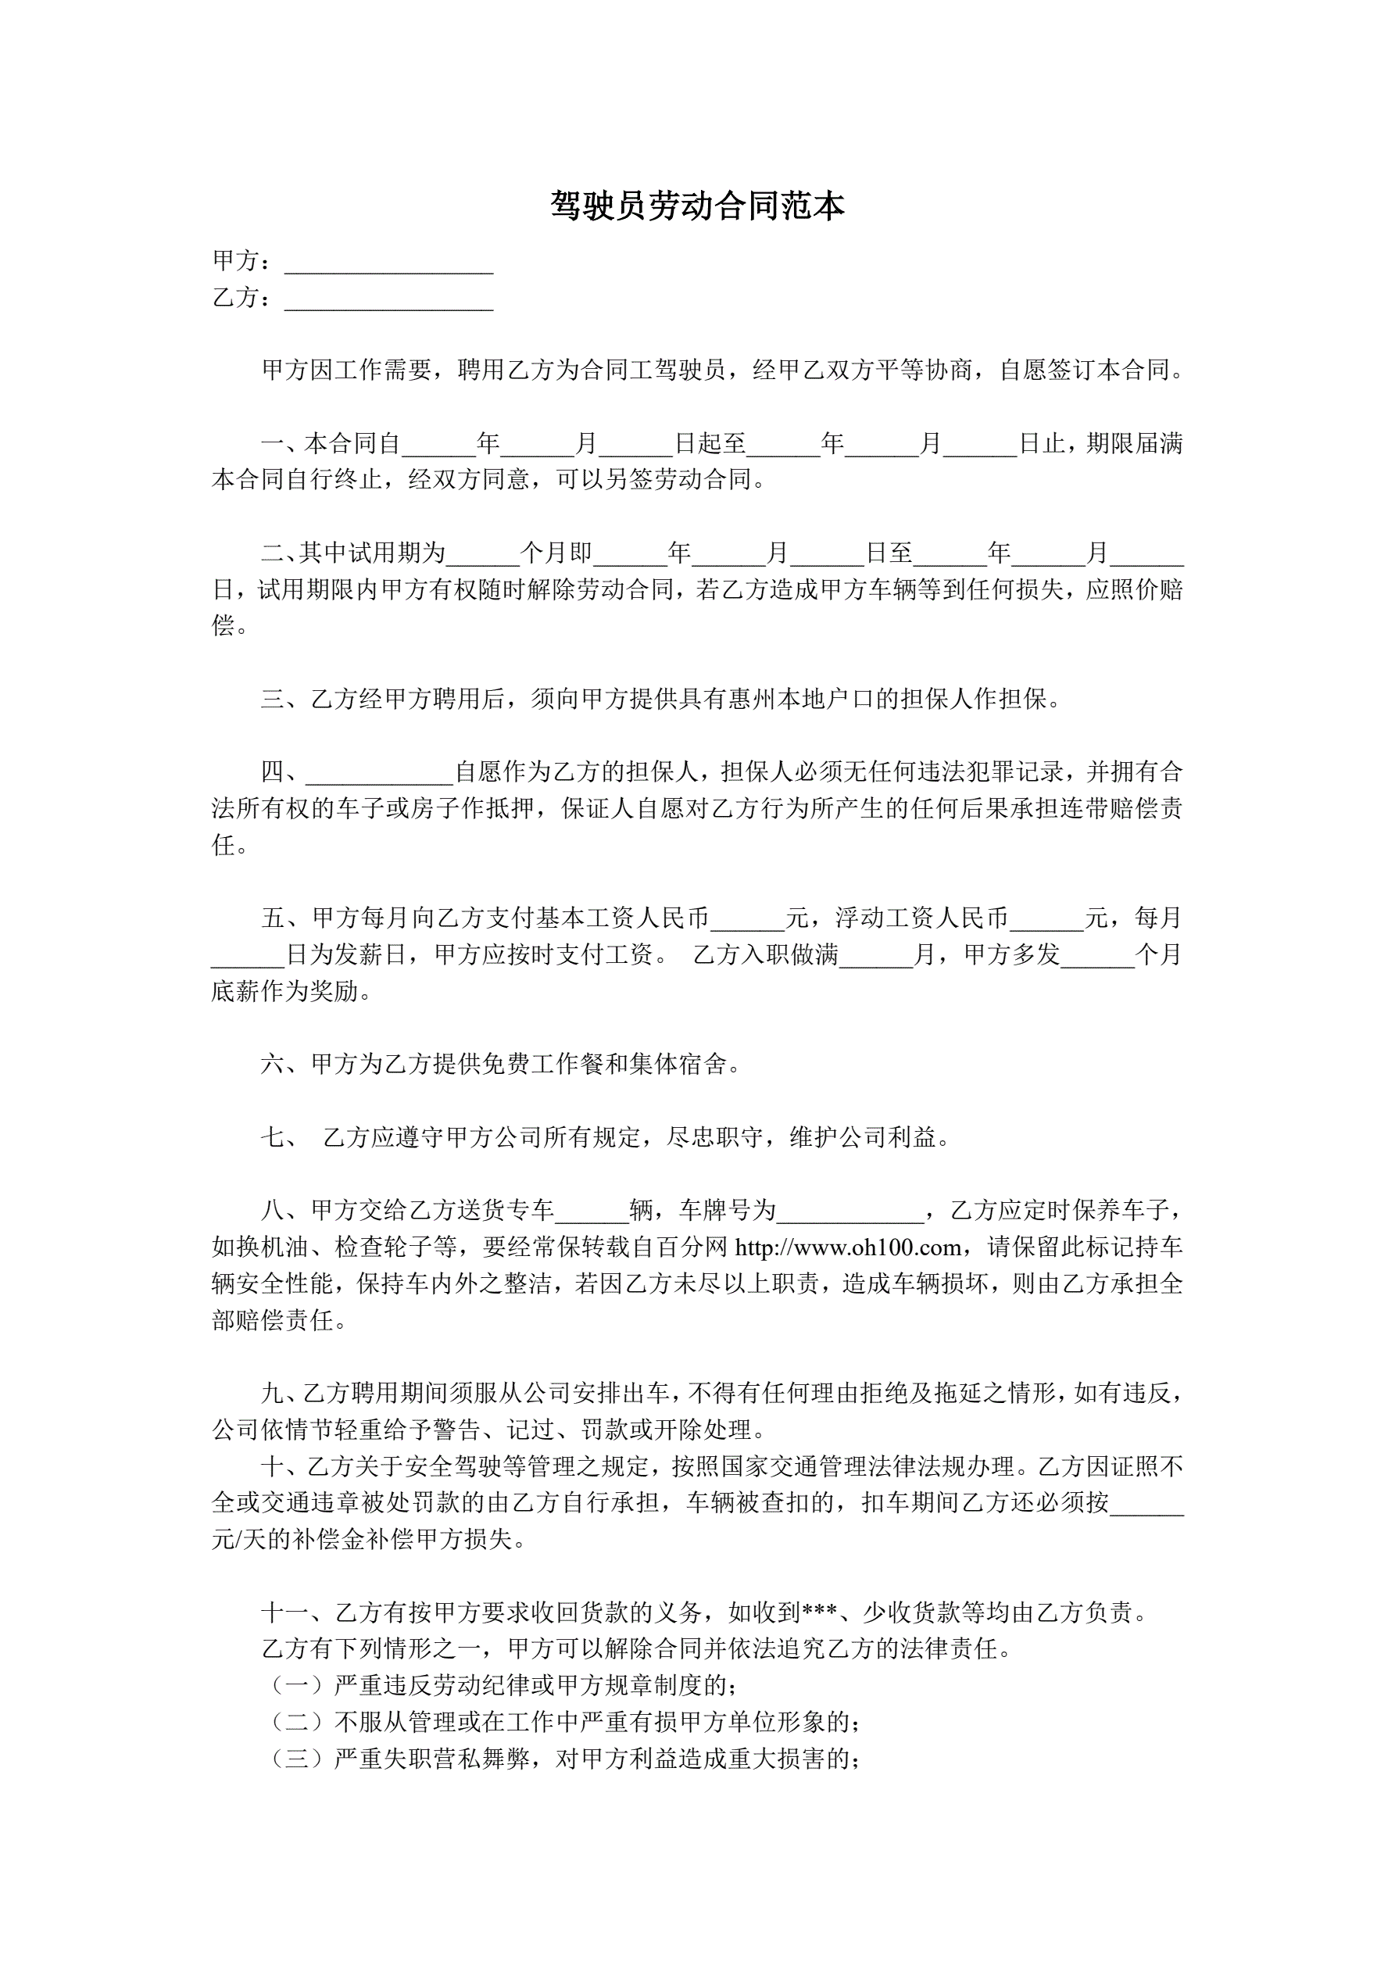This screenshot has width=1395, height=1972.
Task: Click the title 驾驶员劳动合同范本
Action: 696,206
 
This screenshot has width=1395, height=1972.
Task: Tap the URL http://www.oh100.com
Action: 848,1247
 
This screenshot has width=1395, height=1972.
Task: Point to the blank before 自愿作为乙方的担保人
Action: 379,773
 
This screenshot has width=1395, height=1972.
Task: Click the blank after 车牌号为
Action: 849,1211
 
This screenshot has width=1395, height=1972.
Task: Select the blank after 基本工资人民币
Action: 747,919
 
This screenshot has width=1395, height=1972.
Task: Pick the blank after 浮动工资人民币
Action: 1046,919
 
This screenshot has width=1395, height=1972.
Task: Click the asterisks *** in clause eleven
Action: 820,1613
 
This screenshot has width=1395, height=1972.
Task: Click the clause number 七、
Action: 279,1138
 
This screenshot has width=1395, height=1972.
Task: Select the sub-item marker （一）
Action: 296,1686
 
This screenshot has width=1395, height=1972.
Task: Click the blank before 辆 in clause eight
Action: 591,1211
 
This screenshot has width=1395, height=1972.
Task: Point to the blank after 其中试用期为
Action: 483,554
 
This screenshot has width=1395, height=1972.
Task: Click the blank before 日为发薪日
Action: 248,956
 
